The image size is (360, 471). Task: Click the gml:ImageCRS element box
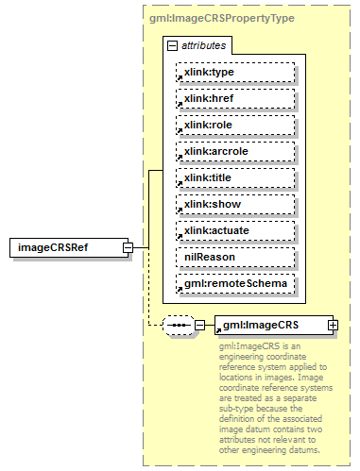pos(269,325)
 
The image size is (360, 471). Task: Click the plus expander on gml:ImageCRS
pos(333,325)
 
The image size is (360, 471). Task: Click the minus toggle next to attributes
pos(171,45)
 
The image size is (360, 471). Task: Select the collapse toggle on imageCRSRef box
pos(127,247)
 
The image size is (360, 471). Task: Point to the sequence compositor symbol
pos(177,325)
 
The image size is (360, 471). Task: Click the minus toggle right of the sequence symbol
pos(199,325)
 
